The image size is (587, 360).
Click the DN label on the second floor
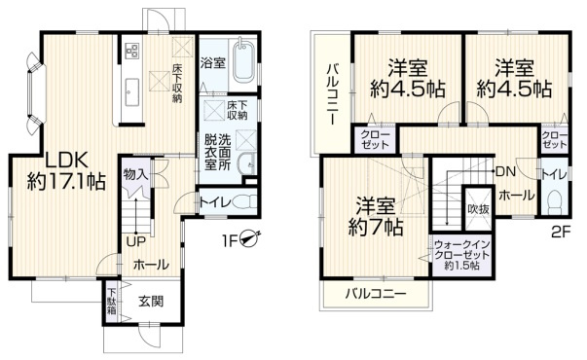click(x=506, y=172)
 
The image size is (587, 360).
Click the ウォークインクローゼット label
click(x=462, y=255)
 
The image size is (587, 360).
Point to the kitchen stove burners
click(x=130, y=50)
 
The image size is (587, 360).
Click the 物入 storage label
click(x=135, y=173)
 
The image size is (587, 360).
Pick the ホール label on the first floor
click(x=150, y=264)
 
